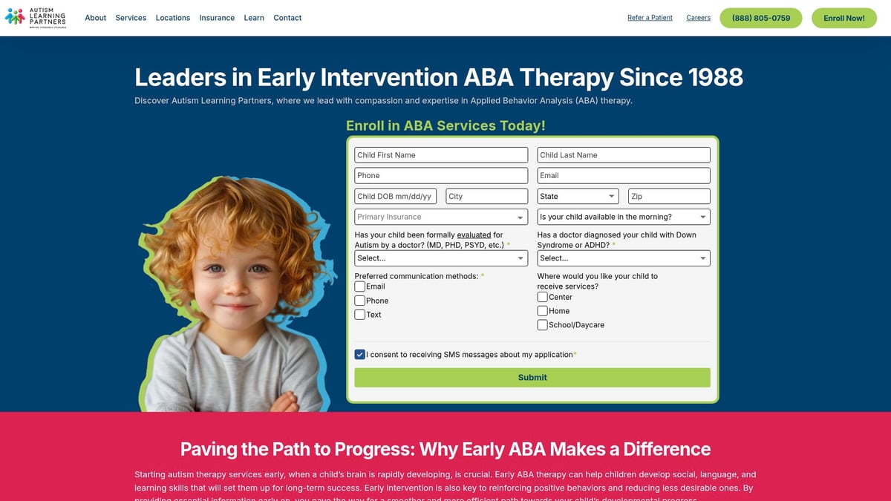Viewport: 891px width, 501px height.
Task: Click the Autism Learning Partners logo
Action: (x=36, y=17)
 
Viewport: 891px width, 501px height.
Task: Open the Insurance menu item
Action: (x=217, y=18)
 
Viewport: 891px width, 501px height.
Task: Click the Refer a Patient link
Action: (x=650, y=18)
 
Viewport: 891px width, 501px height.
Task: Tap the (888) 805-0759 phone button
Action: (x=761, y=18)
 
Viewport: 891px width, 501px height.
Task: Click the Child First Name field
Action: (x=441, y=155)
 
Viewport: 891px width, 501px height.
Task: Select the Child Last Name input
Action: (x=624, y=155)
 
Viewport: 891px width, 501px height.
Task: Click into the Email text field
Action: (x=624, y=176)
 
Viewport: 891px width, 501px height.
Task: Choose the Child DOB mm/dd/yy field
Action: (x=398, y=197)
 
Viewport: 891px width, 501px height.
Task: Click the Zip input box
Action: (x=669, y=197)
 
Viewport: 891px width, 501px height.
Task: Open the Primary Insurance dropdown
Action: (x=441, y=217)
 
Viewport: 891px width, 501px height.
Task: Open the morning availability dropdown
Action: (x=624, y=217)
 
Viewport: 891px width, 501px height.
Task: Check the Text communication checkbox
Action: (x=360, y=315)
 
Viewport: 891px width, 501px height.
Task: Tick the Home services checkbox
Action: (x=543, y=311)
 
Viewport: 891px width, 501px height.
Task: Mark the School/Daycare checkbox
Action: (x=543, y=325)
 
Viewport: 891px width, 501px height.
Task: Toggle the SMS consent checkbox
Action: (x=360, y=355)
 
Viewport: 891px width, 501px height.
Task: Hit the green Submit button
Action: (x=532, y=378)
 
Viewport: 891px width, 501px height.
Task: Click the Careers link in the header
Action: (x=698, y=18)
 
